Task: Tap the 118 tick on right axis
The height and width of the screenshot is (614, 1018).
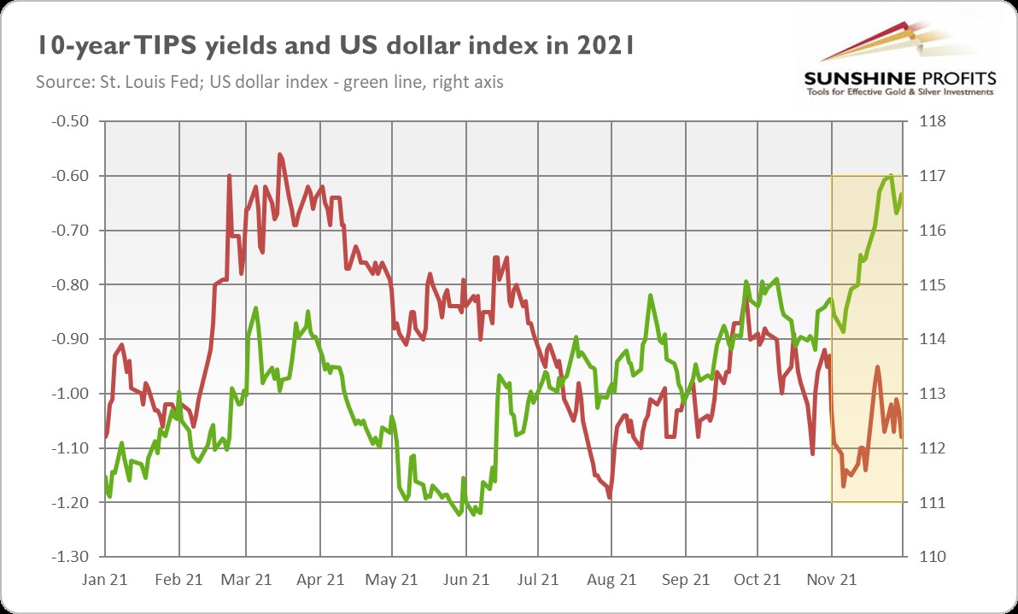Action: pos(930,121)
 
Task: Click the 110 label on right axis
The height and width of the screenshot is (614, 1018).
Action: pos(930,557)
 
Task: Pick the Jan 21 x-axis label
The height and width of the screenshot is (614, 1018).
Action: pos(106,579)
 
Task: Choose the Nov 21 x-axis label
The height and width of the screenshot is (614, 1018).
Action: pos(834,579)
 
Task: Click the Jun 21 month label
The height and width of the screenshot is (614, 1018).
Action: pos(465,579)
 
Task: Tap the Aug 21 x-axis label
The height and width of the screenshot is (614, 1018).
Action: pos(612,579)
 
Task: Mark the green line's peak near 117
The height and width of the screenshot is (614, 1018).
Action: pos(891,176)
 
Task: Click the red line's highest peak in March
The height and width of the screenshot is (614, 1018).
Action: pos(280,155)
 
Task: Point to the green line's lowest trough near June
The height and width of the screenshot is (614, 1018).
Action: pos(460,515)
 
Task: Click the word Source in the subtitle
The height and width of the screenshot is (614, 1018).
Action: pos(59,83)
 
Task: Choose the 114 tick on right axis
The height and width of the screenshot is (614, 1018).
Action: pos(930,339)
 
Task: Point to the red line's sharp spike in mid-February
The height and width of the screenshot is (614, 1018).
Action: pos(229,176)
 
